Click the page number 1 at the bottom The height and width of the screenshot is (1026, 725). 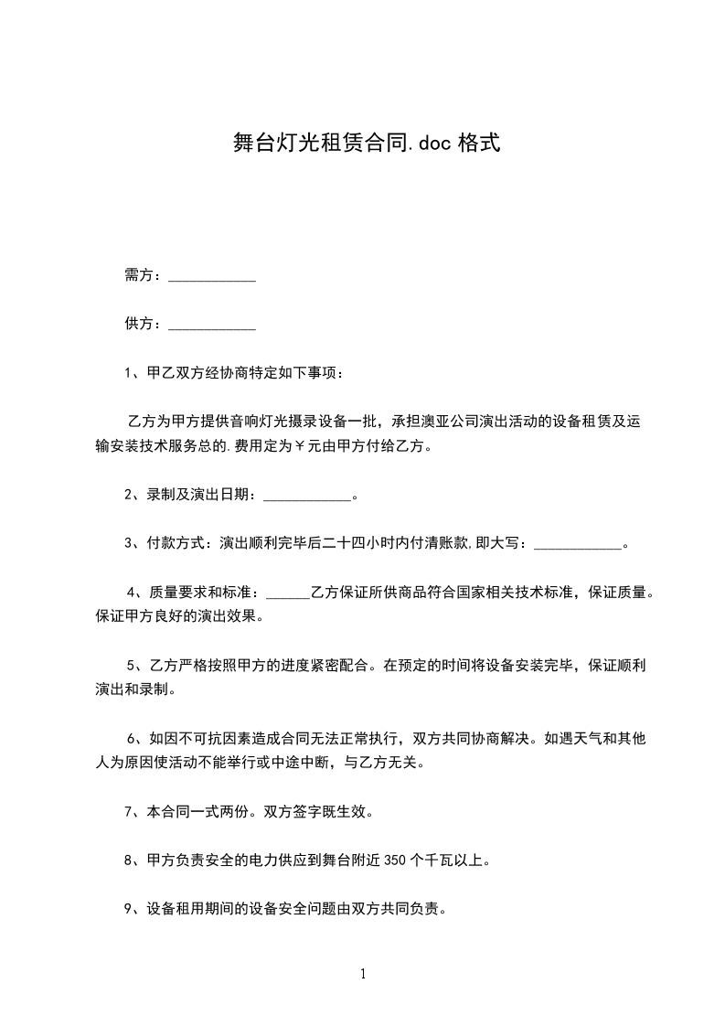coord(363,974)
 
